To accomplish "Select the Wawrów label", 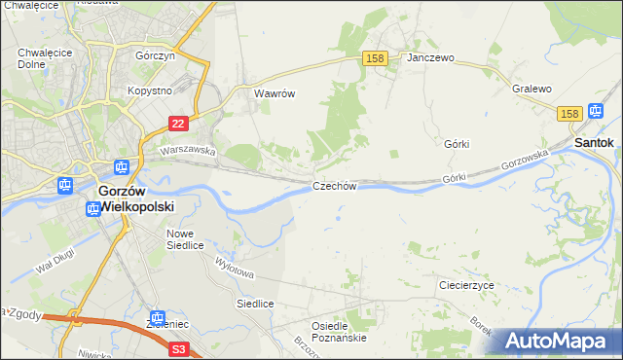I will [274, 94].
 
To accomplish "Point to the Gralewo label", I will [532, 89].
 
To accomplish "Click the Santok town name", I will [594, 142].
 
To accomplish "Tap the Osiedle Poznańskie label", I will [338, 332].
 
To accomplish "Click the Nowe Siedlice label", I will [185, 239].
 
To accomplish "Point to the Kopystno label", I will [150, 90].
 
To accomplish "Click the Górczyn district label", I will [155, 56].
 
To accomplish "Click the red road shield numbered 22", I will [177, 124].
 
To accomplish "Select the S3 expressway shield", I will [178, 347].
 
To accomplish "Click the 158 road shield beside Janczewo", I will [376, 58].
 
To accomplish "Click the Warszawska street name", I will [188, 151].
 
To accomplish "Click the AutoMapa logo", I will [558, 341].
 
